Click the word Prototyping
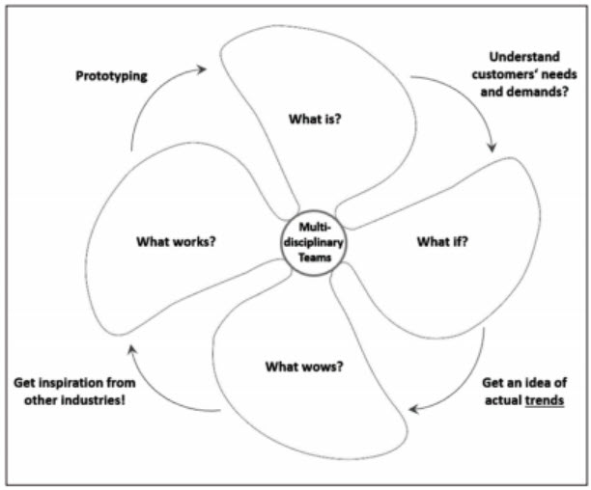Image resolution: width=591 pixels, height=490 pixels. [x=112, y=75]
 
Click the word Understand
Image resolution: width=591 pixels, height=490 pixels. [x=523, y=57]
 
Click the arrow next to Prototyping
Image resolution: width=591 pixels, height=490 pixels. [x=170, y=95]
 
